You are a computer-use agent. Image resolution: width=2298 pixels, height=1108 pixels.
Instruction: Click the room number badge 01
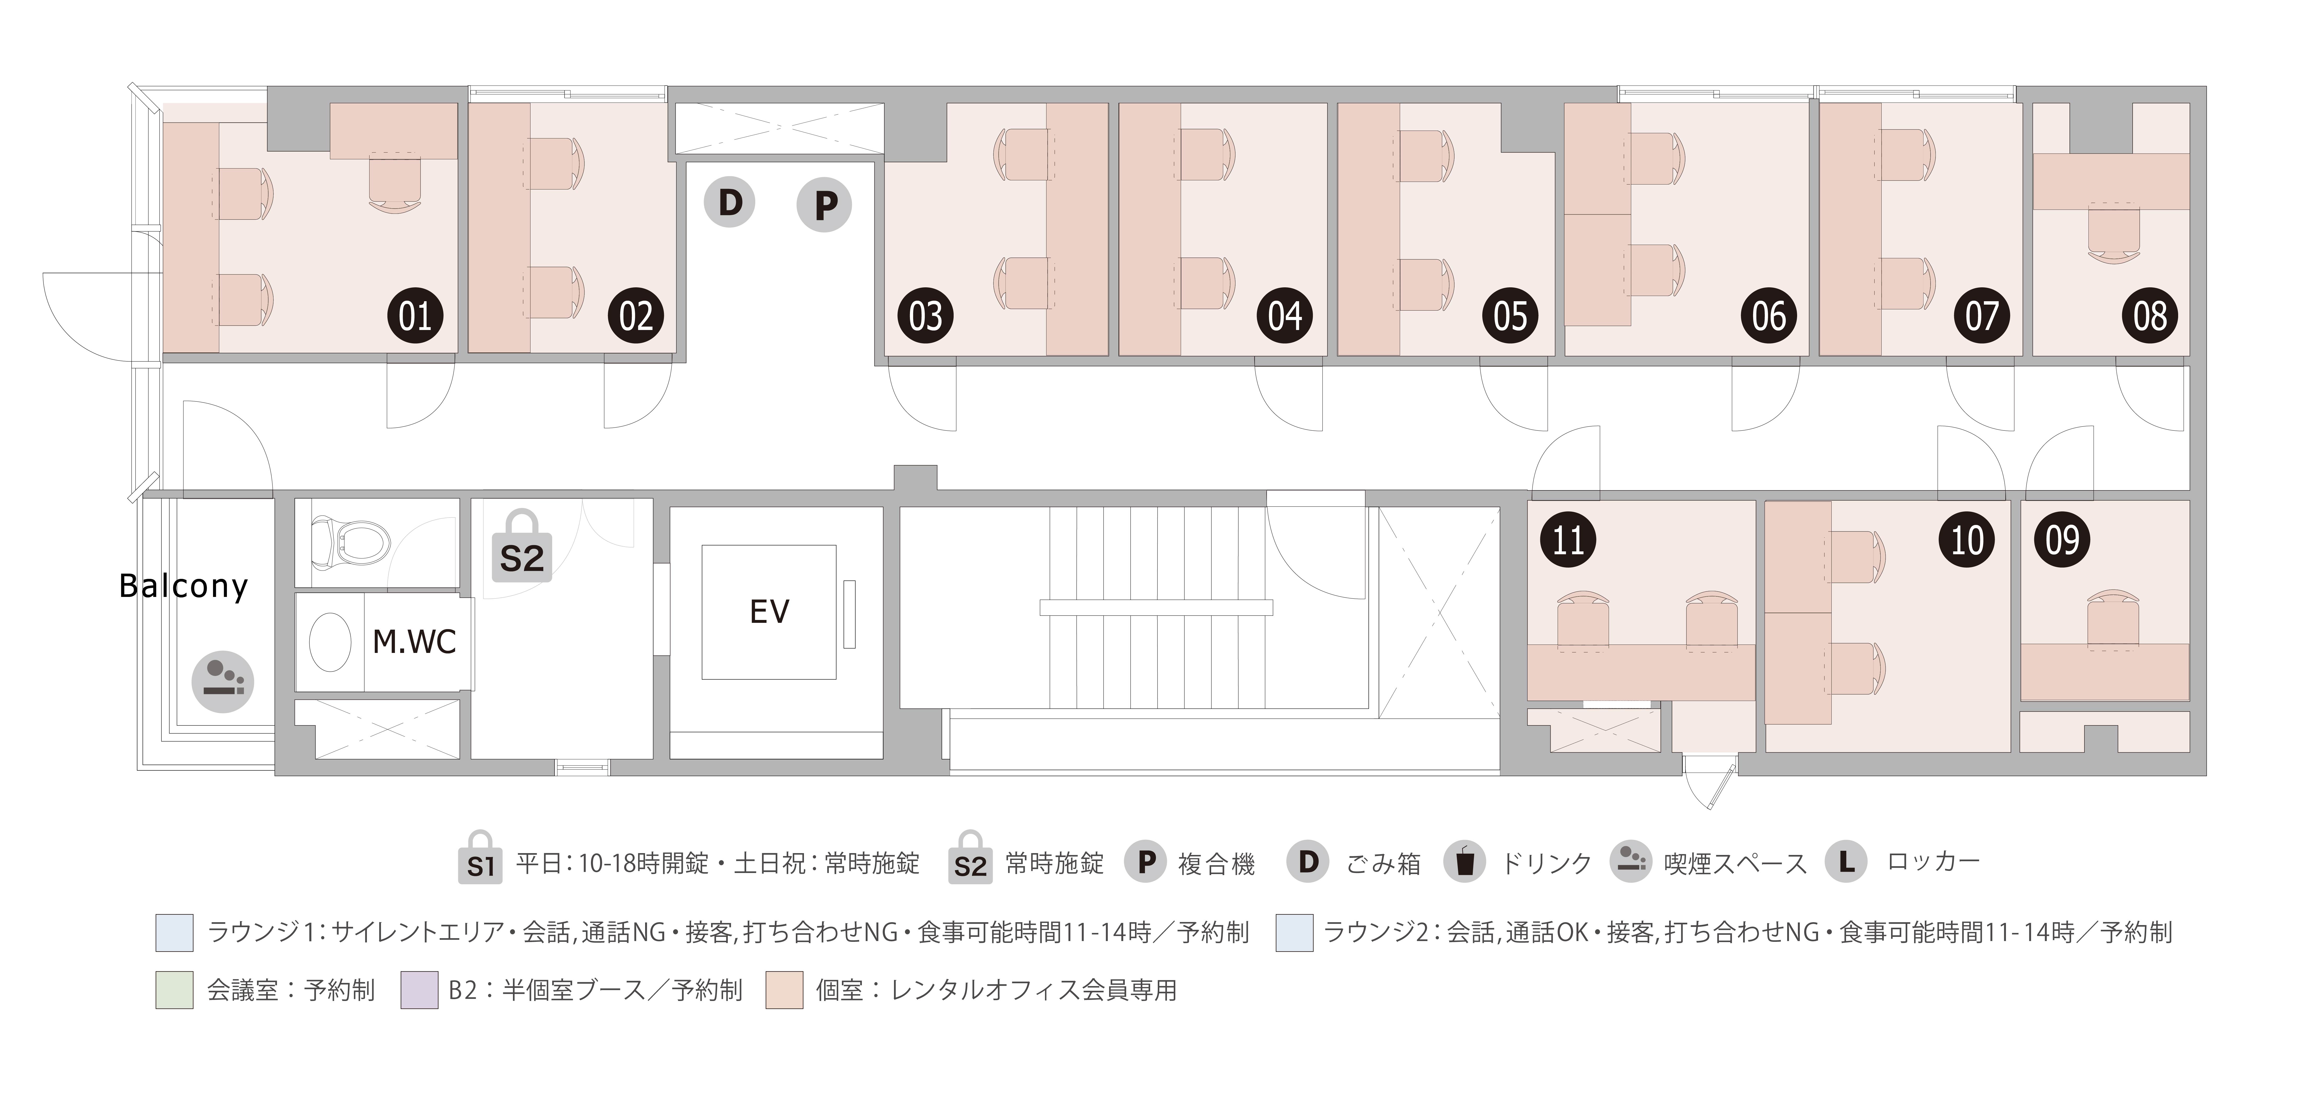tap(415, 316)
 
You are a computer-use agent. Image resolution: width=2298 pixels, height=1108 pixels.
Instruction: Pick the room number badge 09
tap(2062, 540)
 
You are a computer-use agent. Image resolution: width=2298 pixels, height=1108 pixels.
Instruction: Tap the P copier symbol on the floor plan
tap(824, 205)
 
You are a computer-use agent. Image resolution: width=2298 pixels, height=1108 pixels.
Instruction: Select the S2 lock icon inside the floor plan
tap(522, 547)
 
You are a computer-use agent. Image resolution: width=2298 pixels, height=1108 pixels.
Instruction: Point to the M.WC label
tap(414, 641)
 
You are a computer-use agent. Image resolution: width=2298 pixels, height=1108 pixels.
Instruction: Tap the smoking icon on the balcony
tap(223, 681)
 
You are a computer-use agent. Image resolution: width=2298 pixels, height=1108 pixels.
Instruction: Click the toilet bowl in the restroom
tap(351, 540)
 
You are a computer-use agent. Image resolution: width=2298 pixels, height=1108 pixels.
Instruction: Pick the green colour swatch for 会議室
tap(175, 990)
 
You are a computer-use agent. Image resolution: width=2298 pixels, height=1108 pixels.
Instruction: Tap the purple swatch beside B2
tap(419, 990)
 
